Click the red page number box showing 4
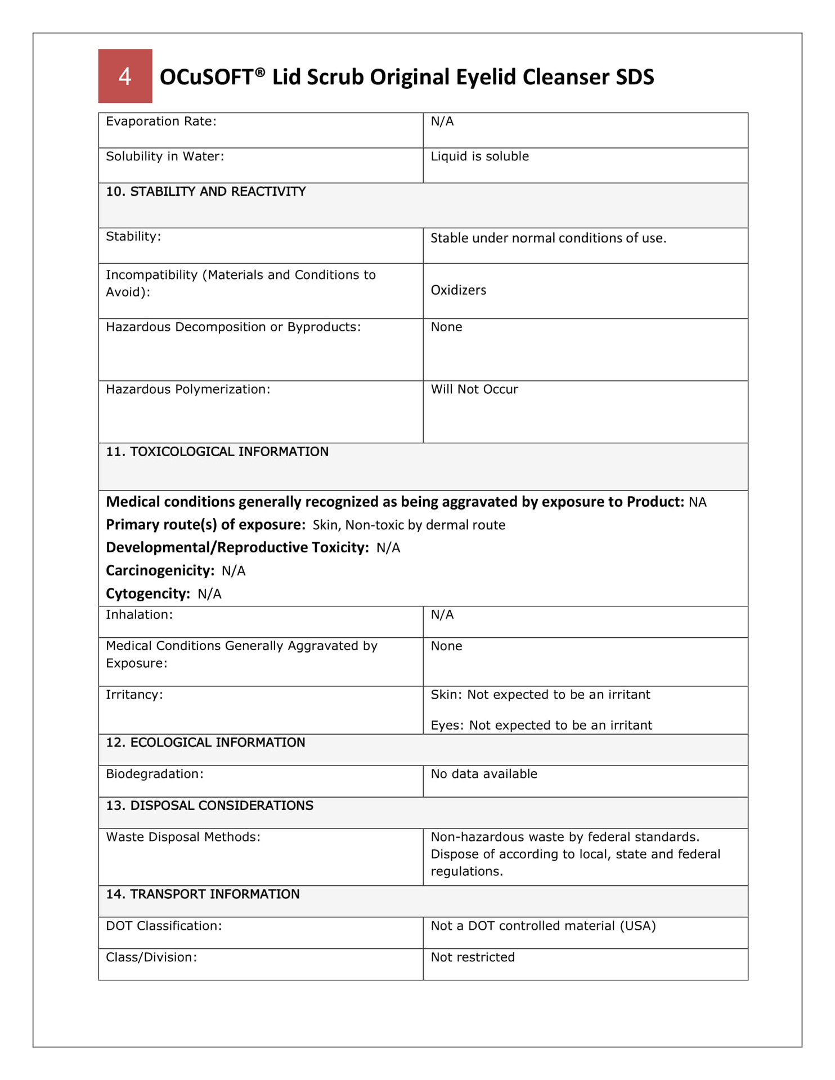tap(125, 76)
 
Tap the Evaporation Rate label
tap(161, 121)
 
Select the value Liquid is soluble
tap(479, 156)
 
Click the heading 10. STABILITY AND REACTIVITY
tap(205, 192)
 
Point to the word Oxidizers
tap(458, 290)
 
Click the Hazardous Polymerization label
tap(188, 389)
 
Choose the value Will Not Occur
tap(474, 389)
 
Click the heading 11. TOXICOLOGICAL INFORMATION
tap(217, 452)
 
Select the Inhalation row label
tap(139, 615)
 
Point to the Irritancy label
tap(134, 695)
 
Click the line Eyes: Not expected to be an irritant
tap(541, 725)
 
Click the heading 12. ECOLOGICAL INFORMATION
tap(205, 742)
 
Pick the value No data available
tap(484, 774)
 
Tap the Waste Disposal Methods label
tap(183, 837)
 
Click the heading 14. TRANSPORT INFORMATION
tap(203, 894)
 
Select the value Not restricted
tap(473, 957)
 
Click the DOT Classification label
tap(164, 926)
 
